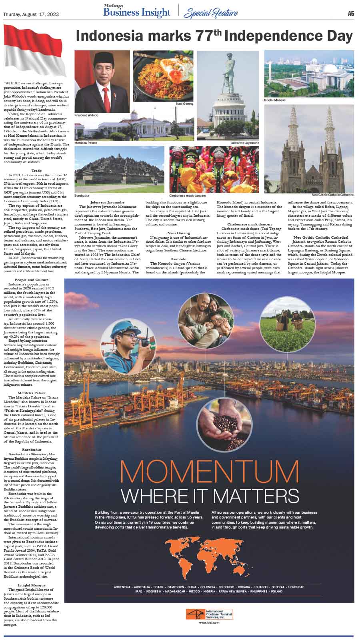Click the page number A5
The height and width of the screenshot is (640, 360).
pyautogui.click(x=350, y=14)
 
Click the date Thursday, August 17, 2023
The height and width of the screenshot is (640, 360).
pyautogui.click(x=31, y=14)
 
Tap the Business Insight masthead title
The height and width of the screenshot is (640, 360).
pyautogui.click(x=136, y=13)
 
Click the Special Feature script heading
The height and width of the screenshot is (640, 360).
pyautogui.click(x=210, y=13)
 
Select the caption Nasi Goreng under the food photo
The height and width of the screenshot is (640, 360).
pyautogui.click(x=185, y=104)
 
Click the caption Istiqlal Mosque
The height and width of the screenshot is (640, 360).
pyautogui.click(x=275, y=100)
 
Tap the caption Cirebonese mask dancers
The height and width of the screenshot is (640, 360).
pyautogui.click(x=188, y=195)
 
